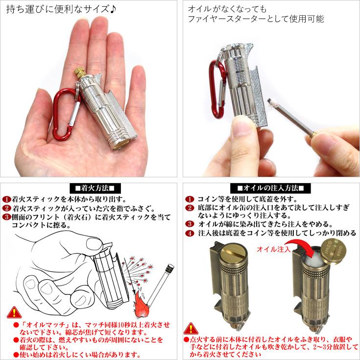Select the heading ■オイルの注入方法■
(271, 188)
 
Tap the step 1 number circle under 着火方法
(6, 199)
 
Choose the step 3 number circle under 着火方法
(6, 217)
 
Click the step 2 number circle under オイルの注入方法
(190, 208)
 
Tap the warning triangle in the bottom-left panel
(14, 312)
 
